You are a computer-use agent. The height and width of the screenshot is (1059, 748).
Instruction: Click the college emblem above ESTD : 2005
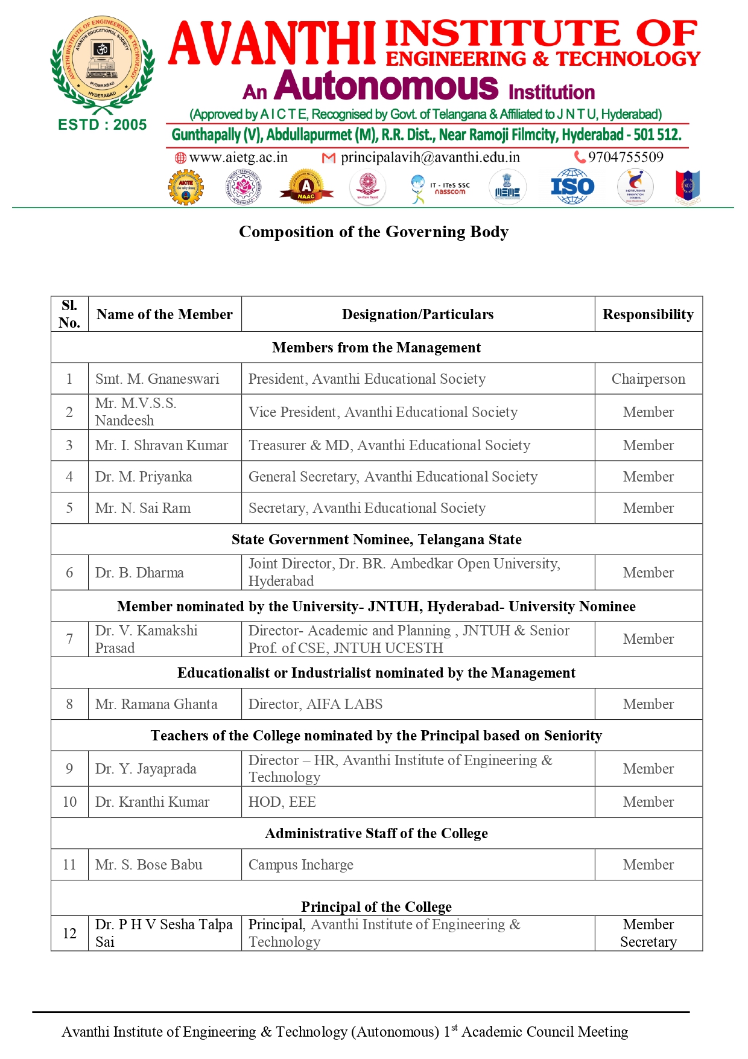click(102, 63)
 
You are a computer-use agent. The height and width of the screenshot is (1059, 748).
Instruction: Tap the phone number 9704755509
click(626, 157)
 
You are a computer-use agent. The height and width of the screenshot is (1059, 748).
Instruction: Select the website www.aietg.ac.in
click(238, 157)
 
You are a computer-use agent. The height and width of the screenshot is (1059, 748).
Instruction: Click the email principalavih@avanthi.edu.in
click(429, 157)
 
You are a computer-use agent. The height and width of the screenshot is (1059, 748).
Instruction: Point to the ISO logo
click(572, 187)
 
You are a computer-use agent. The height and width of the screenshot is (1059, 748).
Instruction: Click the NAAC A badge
click(306, 187)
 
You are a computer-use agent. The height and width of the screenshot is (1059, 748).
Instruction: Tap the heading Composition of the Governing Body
click(373, 232)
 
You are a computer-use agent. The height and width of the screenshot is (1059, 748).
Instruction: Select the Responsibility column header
click(648, 314)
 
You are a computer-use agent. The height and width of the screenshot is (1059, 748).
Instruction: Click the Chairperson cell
click(648, 379)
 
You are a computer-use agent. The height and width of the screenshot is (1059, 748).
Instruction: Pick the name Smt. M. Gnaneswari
click(157, 379)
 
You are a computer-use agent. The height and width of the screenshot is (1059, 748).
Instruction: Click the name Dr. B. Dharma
click(139, 573)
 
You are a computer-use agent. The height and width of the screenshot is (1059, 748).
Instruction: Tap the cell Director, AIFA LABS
click(315, 704)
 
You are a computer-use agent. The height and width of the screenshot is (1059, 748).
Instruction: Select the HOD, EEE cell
click(282, 802)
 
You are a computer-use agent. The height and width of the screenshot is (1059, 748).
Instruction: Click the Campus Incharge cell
click(301, 865)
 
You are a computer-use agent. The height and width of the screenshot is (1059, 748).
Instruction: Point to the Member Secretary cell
click(648, 933)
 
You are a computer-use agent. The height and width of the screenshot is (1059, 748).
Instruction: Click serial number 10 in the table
click(69, 802)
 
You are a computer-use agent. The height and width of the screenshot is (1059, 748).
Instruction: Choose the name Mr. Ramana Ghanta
click(156, 704)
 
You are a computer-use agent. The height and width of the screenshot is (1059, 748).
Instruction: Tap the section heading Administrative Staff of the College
click(376, 833)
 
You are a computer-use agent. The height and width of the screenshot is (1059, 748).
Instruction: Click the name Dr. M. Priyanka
click(144, 477)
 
